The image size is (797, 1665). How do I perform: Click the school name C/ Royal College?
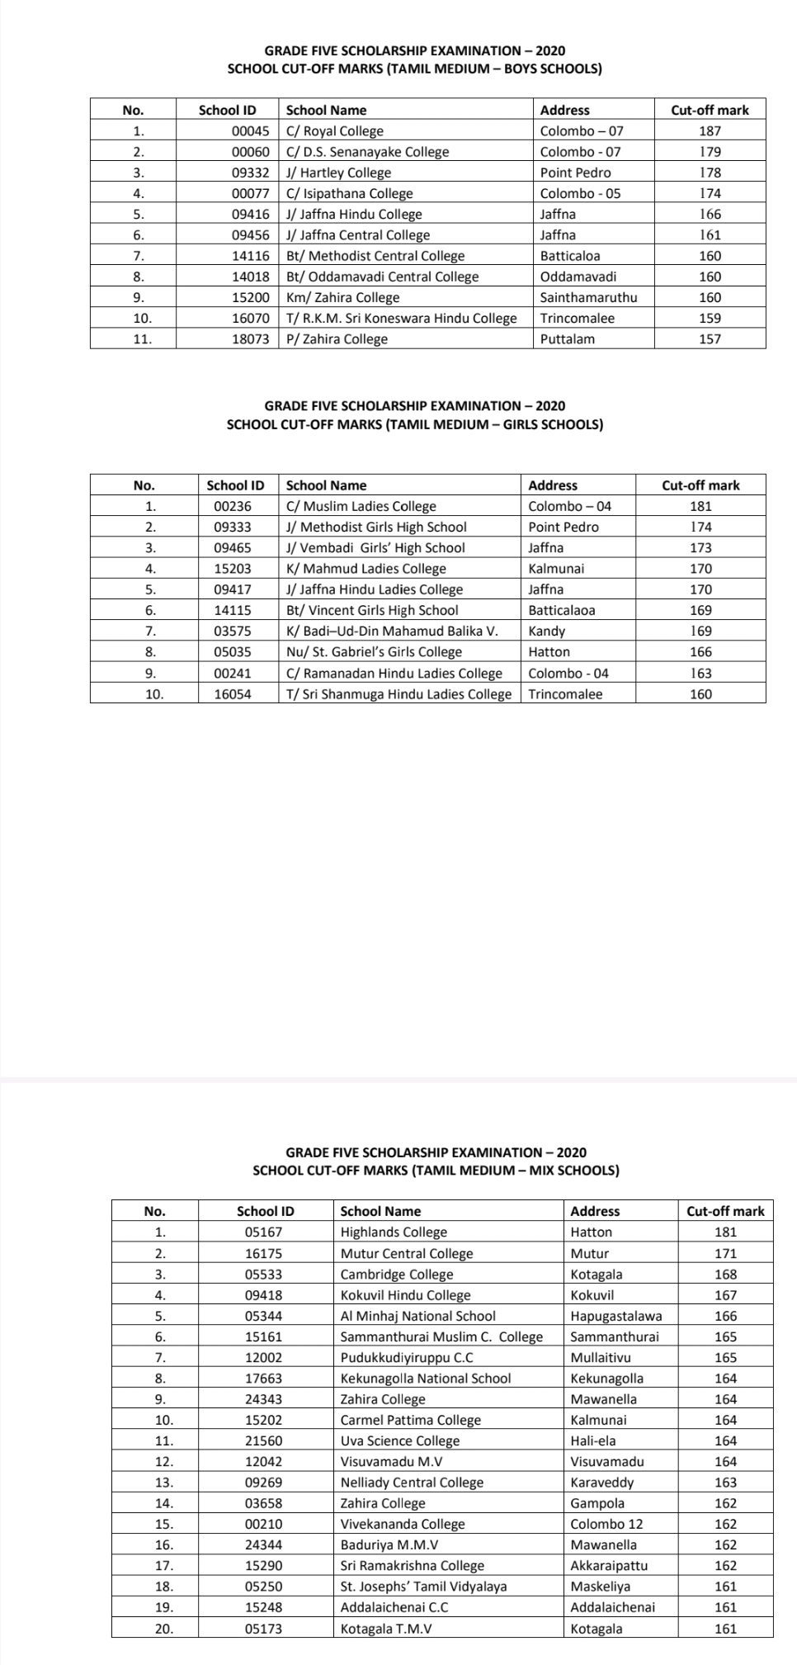pos(334,130)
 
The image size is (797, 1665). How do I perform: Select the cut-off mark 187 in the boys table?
pos(710,130)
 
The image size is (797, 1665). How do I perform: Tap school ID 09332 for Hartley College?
pos(250,173)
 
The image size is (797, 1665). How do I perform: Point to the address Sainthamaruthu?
pos(588,297)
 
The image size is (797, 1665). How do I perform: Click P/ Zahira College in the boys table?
pos(337,338)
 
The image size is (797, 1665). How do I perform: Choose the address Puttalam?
pos(567,338)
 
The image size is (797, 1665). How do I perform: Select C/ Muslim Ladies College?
pos(361,506)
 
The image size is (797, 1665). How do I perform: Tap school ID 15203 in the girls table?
pos(233,568)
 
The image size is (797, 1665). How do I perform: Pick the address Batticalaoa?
pos(561,610)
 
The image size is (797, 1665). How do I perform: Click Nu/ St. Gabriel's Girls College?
pos(374,651)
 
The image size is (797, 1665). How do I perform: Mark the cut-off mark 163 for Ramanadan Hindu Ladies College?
pos(700,673)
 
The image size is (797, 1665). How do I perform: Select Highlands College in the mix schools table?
pos(394,1232)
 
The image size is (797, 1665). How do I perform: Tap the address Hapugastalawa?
pos(615,1316)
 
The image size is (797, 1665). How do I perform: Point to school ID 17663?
pos(264,1378)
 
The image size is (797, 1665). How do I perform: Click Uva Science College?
pos(400,1440)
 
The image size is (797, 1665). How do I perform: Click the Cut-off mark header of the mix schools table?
pos(725,1211)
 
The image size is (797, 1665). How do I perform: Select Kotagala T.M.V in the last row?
pos(386,1629)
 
